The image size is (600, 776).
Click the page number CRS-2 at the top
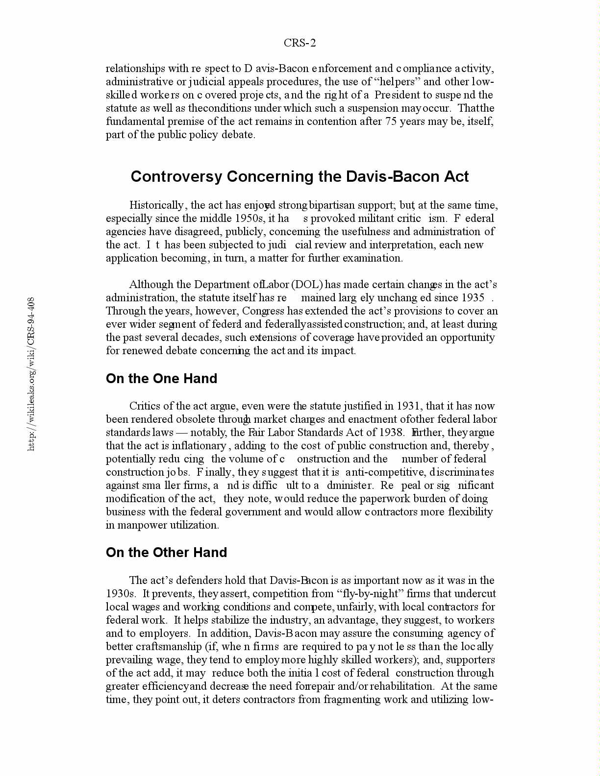click(x=300, y=43)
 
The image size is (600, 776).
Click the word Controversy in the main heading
click(x=176, y=176)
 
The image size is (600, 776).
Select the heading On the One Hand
click(x=161, y=379)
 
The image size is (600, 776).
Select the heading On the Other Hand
click(x=166, y=553)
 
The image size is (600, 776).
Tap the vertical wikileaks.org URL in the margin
click(x=31, y=373)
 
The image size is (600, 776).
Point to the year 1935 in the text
click(x=473, y=298)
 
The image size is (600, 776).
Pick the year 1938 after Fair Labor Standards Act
click(x=390, y=433)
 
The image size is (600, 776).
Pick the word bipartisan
click(x=333, y=205)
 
